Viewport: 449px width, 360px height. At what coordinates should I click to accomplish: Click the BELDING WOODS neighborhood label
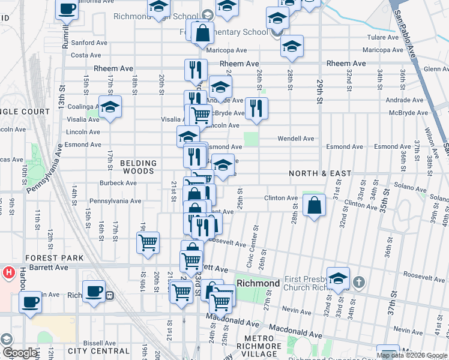point(138,167)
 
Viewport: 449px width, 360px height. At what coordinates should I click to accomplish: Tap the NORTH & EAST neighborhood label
point(320,173)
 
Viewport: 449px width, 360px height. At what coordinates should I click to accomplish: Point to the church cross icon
point(358,281)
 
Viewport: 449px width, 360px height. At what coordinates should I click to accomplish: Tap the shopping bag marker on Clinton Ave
point(314,206)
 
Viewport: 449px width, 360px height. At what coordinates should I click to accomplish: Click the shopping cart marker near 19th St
point(148,243)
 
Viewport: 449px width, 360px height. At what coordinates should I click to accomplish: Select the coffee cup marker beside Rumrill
point(67,10)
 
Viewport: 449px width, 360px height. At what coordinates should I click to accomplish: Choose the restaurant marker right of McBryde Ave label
point(256,108)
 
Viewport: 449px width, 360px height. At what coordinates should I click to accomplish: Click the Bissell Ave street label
point(99,343)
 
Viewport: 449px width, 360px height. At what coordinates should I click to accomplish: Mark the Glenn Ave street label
point(436,69)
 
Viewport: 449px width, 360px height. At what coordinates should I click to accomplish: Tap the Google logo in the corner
point(19,353)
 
